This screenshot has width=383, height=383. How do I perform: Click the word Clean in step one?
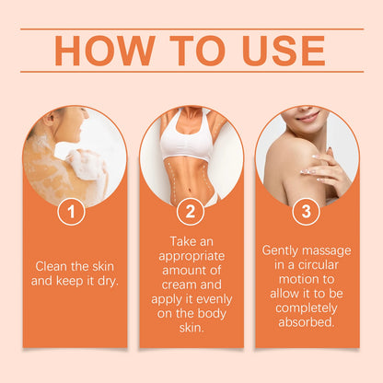click(52, 266)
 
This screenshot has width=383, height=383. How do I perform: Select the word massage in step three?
click(329, 250)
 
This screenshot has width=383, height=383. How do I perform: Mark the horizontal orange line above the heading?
click(191, 29)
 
